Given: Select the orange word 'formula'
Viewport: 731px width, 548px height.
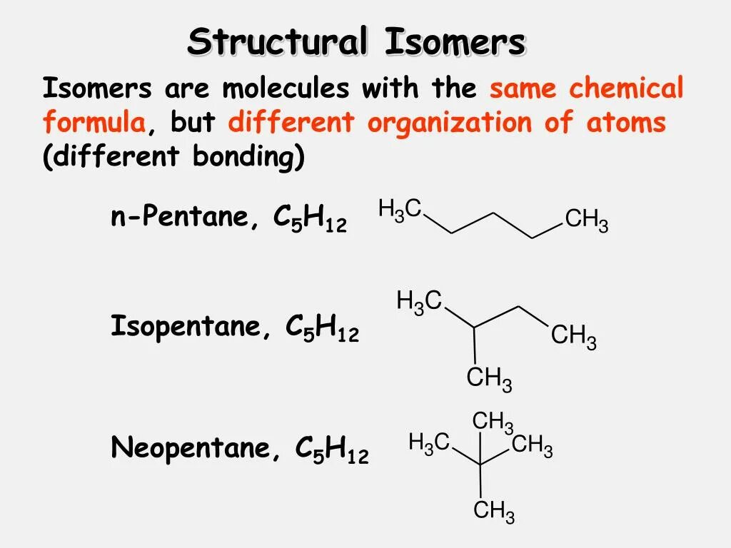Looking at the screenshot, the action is pyautogui.click(x=94, y=123).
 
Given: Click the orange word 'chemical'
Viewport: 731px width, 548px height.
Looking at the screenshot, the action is pyautogui.click(x=627, y=88).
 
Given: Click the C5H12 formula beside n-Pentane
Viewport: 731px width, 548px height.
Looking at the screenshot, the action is pyautogui.click(x=310, y=218).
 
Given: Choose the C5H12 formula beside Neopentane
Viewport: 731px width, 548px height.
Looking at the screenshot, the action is pyautogui.click(x=332, y=450).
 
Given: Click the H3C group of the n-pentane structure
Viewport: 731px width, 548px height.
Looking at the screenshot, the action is pyautogui.click(x=400, y=210).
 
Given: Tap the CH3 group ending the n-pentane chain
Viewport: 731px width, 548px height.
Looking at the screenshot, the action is pyautogui.click(x=586, y=220).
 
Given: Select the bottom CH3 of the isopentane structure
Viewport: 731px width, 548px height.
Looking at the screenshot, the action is pyautogui.click(x=489, y=379).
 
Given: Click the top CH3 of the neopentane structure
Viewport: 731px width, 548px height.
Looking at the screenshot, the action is pyautogui.click(x=493, y=422).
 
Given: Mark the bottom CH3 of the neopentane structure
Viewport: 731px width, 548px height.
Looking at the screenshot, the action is pyautogui.click(x=494, y=511).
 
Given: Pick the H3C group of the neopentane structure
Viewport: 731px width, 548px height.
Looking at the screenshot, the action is pyautogui.click(x=429, y=443).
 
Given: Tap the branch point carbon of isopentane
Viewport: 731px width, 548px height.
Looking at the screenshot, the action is pyautogui.click(x=475, y=328).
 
